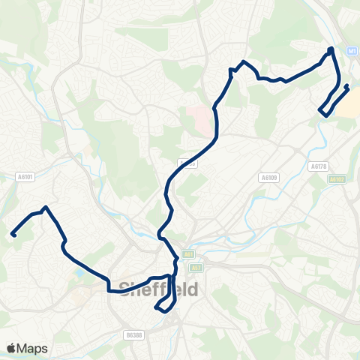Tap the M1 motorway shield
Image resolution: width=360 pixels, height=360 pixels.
[x=351, y=50]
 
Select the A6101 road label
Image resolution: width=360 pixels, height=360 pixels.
[x=24, y=177]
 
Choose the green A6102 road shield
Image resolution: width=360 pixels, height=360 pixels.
[x=337, y=179]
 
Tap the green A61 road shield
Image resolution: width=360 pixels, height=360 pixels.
[x=187, y=254]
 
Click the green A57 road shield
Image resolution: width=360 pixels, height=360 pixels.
[x=196, y=266]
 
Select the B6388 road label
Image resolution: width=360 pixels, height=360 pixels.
[x=133, y=335]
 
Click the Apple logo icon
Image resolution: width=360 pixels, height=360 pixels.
[x=11, y=348]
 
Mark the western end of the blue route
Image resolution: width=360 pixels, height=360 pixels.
[x=13, y=234]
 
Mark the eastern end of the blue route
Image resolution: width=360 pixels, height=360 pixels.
[x=346, y=87]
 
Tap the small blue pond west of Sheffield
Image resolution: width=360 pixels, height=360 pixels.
[x=80, y=271]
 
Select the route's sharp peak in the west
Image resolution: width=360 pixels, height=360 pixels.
[x=46, y=207]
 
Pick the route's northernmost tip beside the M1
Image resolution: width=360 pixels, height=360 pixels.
[x=331, y=49]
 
